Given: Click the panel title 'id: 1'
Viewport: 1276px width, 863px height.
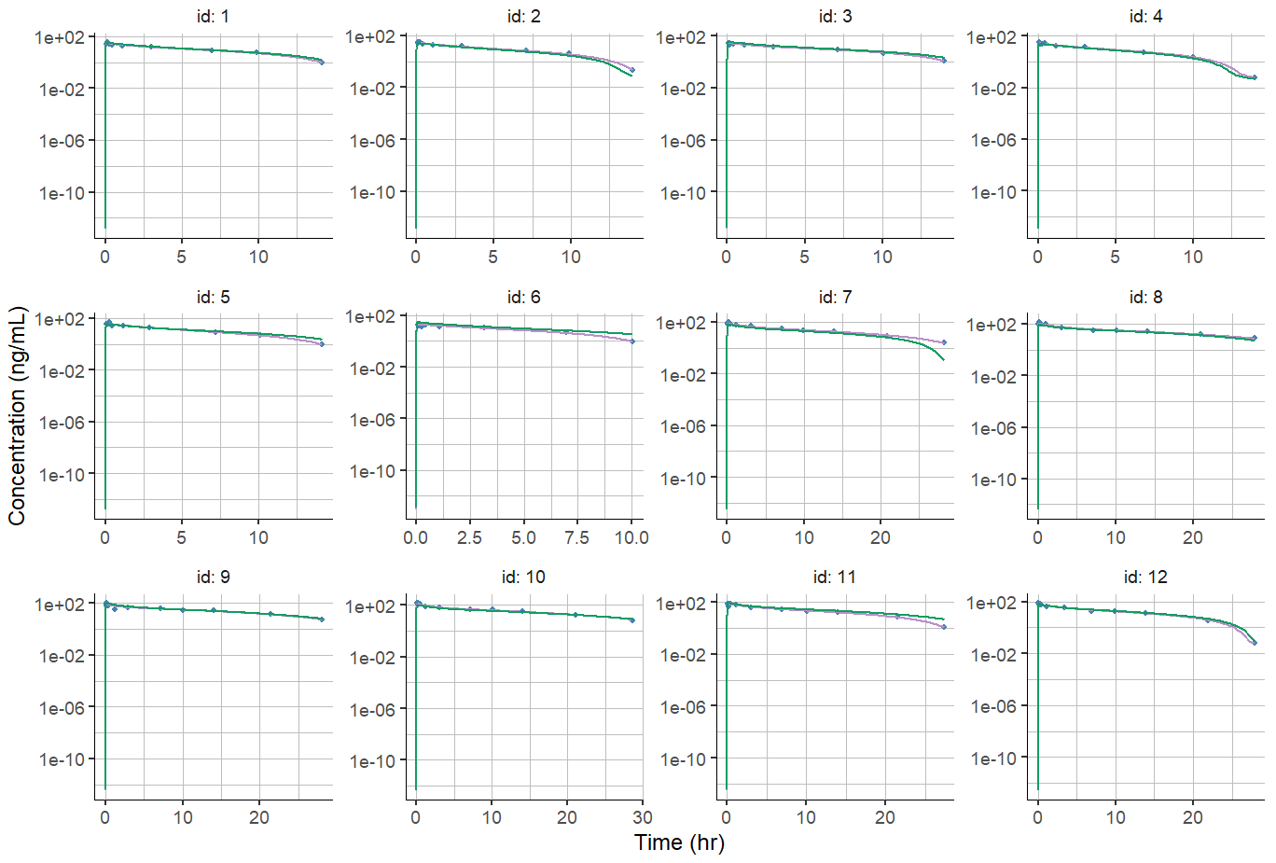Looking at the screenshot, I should point(213,16).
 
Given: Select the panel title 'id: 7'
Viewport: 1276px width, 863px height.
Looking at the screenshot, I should point(835,297).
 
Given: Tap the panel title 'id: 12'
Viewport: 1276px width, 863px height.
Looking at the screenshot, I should point(1145,577).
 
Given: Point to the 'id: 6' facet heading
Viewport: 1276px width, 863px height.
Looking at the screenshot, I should point(523,297).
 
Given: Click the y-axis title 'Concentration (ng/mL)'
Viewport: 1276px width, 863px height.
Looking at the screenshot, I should point(17,416).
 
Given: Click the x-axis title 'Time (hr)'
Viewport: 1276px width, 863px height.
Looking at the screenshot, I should point(679,842).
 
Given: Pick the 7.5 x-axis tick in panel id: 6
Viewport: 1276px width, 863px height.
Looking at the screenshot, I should point(576,537).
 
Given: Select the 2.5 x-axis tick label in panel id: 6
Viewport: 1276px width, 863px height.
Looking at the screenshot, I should point(469,537).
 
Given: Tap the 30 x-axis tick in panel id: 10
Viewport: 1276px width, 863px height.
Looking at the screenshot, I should point(642,817).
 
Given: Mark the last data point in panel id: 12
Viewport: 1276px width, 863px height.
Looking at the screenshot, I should point(1254,643).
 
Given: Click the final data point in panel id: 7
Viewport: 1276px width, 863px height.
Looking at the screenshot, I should point(943,342).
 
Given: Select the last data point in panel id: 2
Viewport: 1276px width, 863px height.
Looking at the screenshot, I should point(632,70).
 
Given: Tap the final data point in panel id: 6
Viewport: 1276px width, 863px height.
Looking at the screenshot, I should point(631,341).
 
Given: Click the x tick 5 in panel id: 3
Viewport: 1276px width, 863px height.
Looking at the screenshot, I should point(804,257).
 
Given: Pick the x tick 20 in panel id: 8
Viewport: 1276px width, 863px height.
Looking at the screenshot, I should point(1193,537).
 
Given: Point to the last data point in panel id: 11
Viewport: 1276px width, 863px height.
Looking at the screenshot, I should point(944,627).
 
